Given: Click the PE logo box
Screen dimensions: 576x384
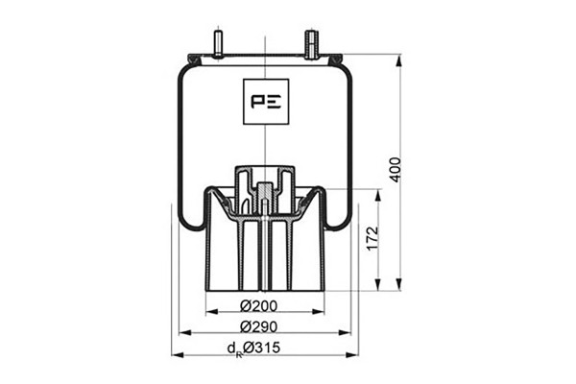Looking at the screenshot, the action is point(266,102).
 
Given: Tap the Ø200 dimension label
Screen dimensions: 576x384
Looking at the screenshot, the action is point(258,305).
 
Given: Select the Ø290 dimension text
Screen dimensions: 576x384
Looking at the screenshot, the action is point(258,326).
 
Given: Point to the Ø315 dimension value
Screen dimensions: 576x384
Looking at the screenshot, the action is point(261,348).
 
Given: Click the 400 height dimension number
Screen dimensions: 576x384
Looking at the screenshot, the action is point(396,170).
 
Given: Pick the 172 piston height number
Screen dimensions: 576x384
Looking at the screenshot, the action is point(372,239).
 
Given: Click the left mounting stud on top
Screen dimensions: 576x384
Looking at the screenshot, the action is point(218,44).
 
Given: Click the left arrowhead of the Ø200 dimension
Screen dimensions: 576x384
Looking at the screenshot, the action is point(212,312).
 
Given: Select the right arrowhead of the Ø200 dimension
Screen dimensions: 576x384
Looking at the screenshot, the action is point(319,312).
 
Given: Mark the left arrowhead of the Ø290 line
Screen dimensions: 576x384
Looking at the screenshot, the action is point(184,333).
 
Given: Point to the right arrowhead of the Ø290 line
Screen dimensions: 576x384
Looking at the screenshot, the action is point(345,333).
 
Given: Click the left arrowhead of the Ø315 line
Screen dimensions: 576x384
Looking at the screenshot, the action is point(178,354).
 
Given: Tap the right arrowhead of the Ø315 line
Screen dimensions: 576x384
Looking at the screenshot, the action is point(351,354).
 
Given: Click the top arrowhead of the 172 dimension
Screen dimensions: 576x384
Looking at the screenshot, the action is point(378,196).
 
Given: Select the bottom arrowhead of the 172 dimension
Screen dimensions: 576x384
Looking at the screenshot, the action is point(378,284).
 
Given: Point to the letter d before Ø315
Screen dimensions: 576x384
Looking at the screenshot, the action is point(231,348).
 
